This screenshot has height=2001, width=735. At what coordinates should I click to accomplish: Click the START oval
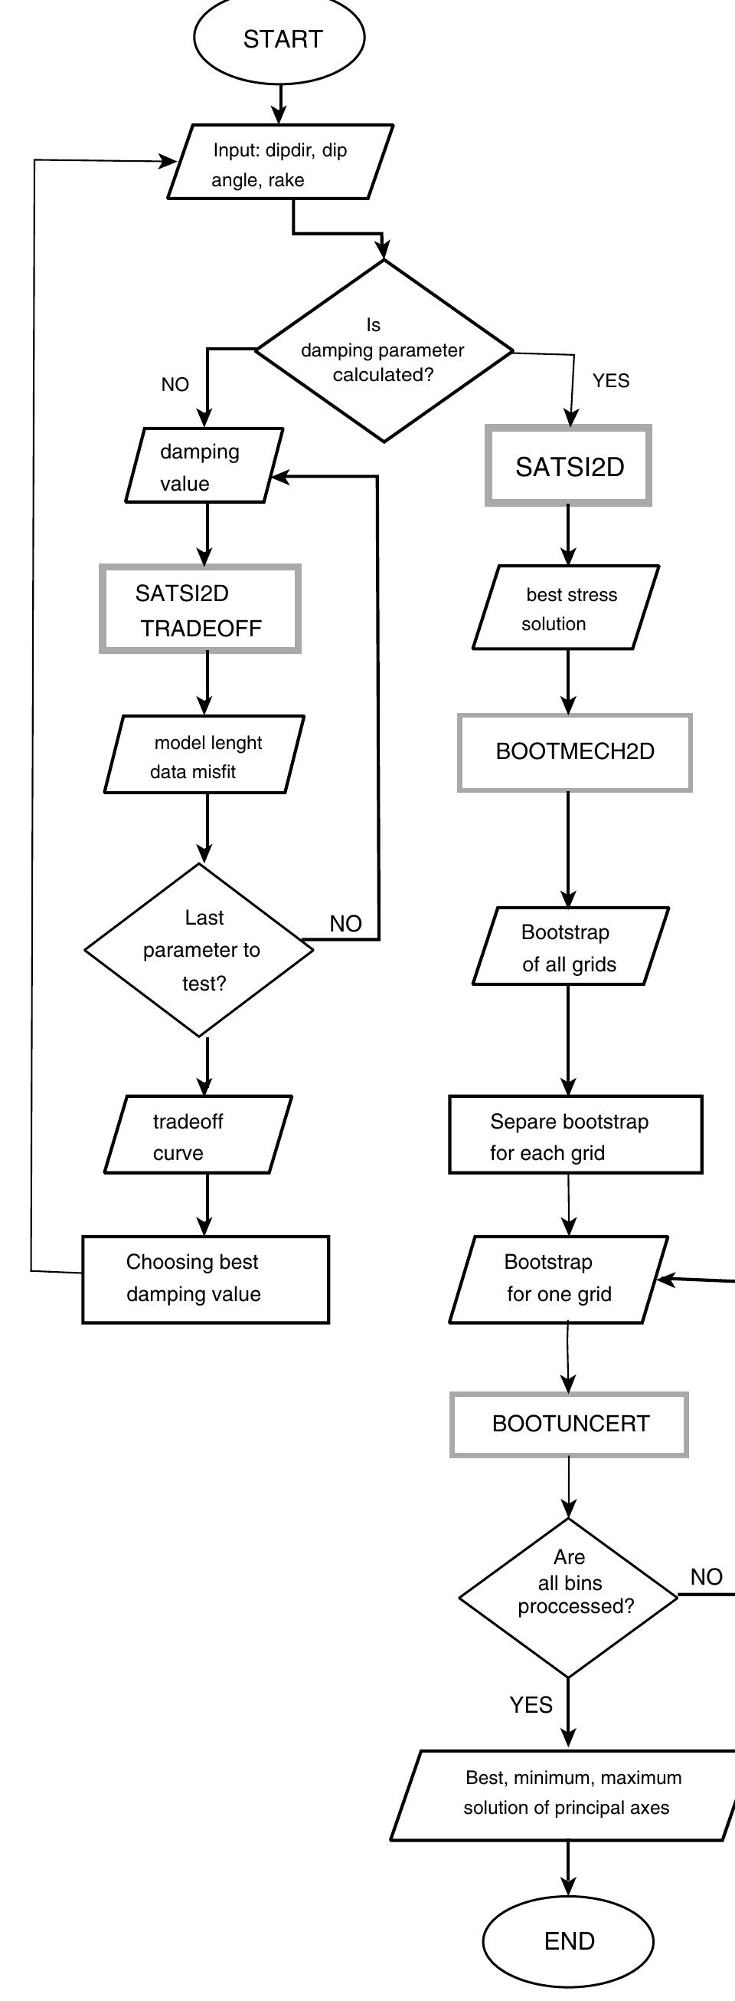coord(279,39)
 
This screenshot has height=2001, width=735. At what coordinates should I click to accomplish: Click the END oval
coord(568,1940)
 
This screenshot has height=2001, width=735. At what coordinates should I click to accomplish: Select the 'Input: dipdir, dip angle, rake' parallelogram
coord(280,163)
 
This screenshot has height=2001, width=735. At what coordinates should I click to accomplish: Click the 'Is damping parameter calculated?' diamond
coord(384,350)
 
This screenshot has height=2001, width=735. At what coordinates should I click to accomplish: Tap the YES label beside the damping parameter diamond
coord(611,380)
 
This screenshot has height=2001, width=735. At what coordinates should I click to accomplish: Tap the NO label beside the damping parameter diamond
coord(175,385)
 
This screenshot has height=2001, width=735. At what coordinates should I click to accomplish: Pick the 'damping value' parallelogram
coord(204,466)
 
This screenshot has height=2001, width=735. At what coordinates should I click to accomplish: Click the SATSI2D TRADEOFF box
coord(200,609)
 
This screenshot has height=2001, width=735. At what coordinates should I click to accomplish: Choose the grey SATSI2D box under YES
coord(568,466)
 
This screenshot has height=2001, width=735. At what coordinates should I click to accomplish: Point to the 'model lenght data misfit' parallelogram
coord(204,755)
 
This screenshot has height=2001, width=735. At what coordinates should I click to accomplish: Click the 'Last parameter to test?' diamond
coord(200,950)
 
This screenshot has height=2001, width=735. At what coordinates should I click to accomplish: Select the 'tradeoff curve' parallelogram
coord(198,1135)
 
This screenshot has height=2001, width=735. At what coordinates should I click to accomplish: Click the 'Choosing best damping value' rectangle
coord(206,1280)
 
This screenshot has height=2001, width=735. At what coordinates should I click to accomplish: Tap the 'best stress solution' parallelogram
coord(566,608)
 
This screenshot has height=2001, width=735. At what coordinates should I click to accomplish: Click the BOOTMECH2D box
coord(574,752)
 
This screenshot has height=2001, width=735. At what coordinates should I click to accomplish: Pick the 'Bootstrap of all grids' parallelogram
coord(570,947)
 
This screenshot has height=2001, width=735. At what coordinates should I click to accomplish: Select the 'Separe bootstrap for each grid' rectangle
coord(575,1135)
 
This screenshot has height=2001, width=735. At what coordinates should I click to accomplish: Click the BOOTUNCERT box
coord(569,1424)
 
